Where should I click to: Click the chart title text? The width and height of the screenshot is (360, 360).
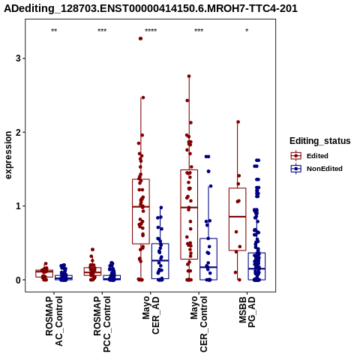[x=151, y=8]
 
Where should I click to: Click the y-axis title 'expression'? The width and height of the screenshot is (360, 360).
[x=8, y=155]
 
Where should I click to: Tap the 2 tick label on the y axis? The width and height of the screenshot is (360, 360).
[x=18, y=132]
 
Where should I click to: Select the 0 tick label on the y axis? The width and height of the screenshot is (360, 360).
[x=18, y=280]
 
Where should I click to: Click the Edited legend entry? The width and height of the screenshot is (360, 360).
[x=310, y=156]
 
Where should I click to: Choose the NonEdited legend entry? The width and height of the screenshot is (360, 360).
[x=316, y=169]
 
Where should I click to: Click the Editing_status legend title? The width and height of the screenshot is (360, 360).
[x=320, y=141]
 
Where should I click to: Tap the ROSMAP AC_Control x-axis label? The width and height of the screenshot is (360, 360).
[x=54, y=321]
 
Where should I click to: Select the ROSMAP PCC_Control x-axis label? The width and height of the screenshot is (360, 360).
[x=102, y=324]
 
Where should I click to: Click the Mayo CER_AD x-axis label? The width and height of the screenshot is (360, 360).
[x=151, y=315]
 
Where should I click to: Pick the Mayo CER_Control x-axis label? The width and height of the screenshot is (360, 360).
[x=199, y=324]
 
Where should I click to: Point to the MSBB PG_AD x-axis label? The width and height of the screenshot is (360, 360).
[x=247, y=312]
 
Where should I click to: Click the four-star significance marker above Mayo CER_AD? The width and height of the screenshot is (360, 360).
[x=151, y=31]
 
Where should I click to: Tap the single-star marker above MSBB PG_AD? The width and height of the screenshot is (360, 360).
[x=247, y=31]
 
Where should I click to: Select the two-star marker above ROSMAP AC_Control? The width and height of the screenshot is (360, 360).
[x=54, y=31]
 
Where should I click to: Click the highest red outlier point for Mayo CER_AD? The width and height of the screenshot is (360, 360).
[x=140, y=38]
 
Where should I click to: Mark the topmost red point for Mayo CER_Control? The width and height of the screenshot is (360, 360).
[x=189, y=76]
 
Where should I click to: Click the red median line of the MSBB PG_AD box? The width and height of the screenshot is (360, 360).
[x=237, y=217]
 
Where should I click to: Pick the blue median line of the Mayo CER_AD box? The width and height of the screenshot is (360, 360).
[x=160, y=260]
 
